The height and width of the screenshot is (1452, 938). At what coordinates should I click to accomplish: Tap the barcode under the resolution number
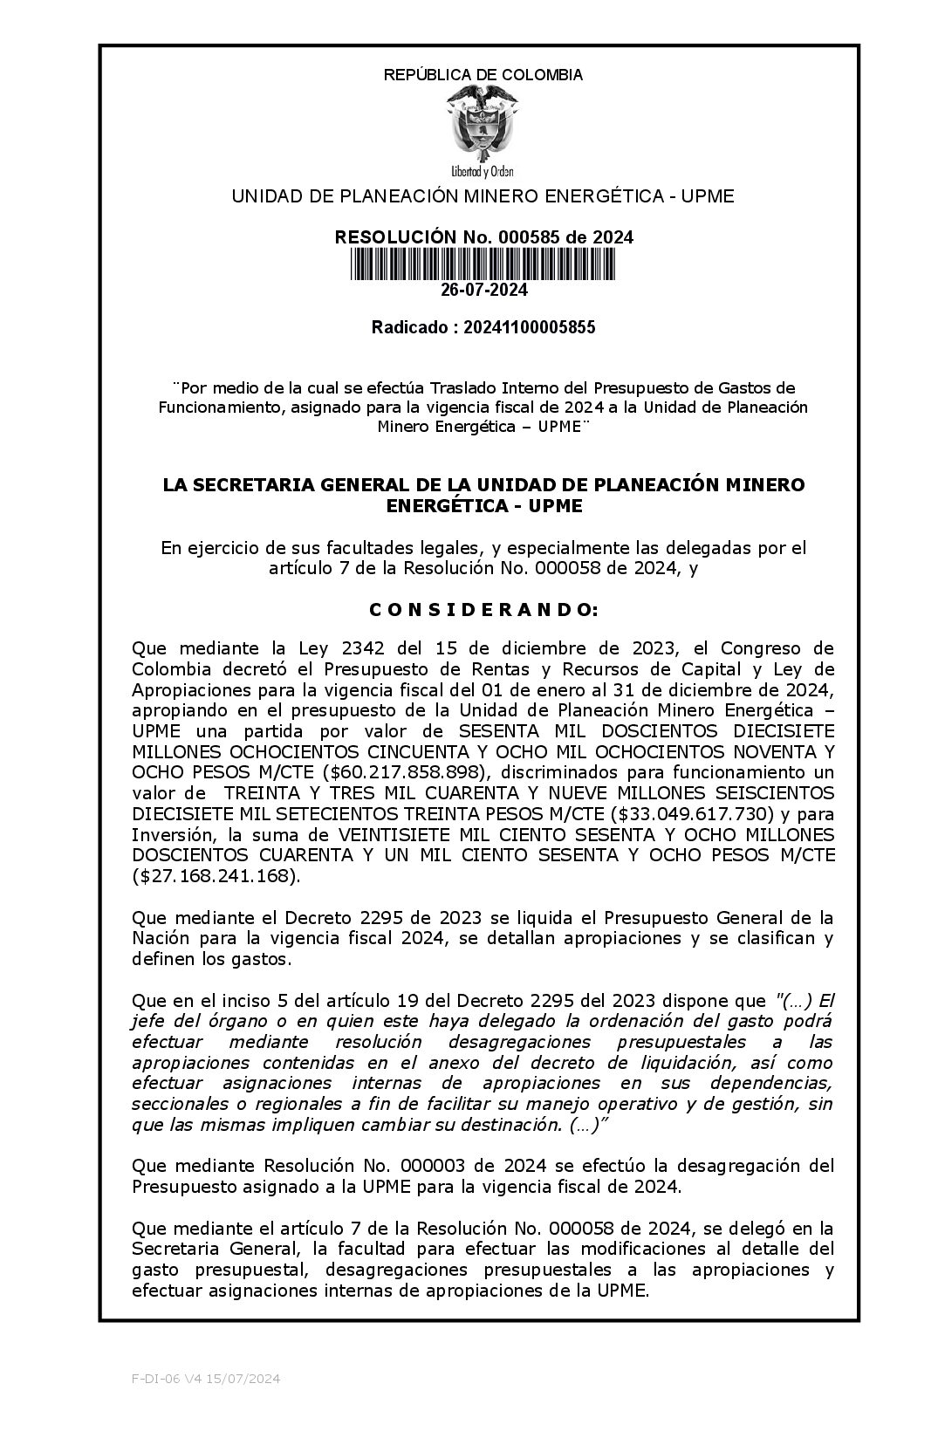point(483,264)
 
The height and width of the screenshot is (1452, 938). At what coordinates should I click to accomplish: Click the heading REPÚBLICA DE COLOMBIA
point(483,75)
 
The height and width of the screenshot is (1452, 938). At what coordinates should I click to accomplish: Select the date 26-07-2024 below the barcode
point(483,290)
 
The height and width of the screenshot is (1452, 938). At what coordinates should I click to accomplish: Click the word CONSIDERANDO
point(483,610)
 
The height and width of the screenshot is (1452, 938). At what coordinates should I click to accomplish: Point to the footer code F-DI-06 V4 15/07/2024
point(206,1379)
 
